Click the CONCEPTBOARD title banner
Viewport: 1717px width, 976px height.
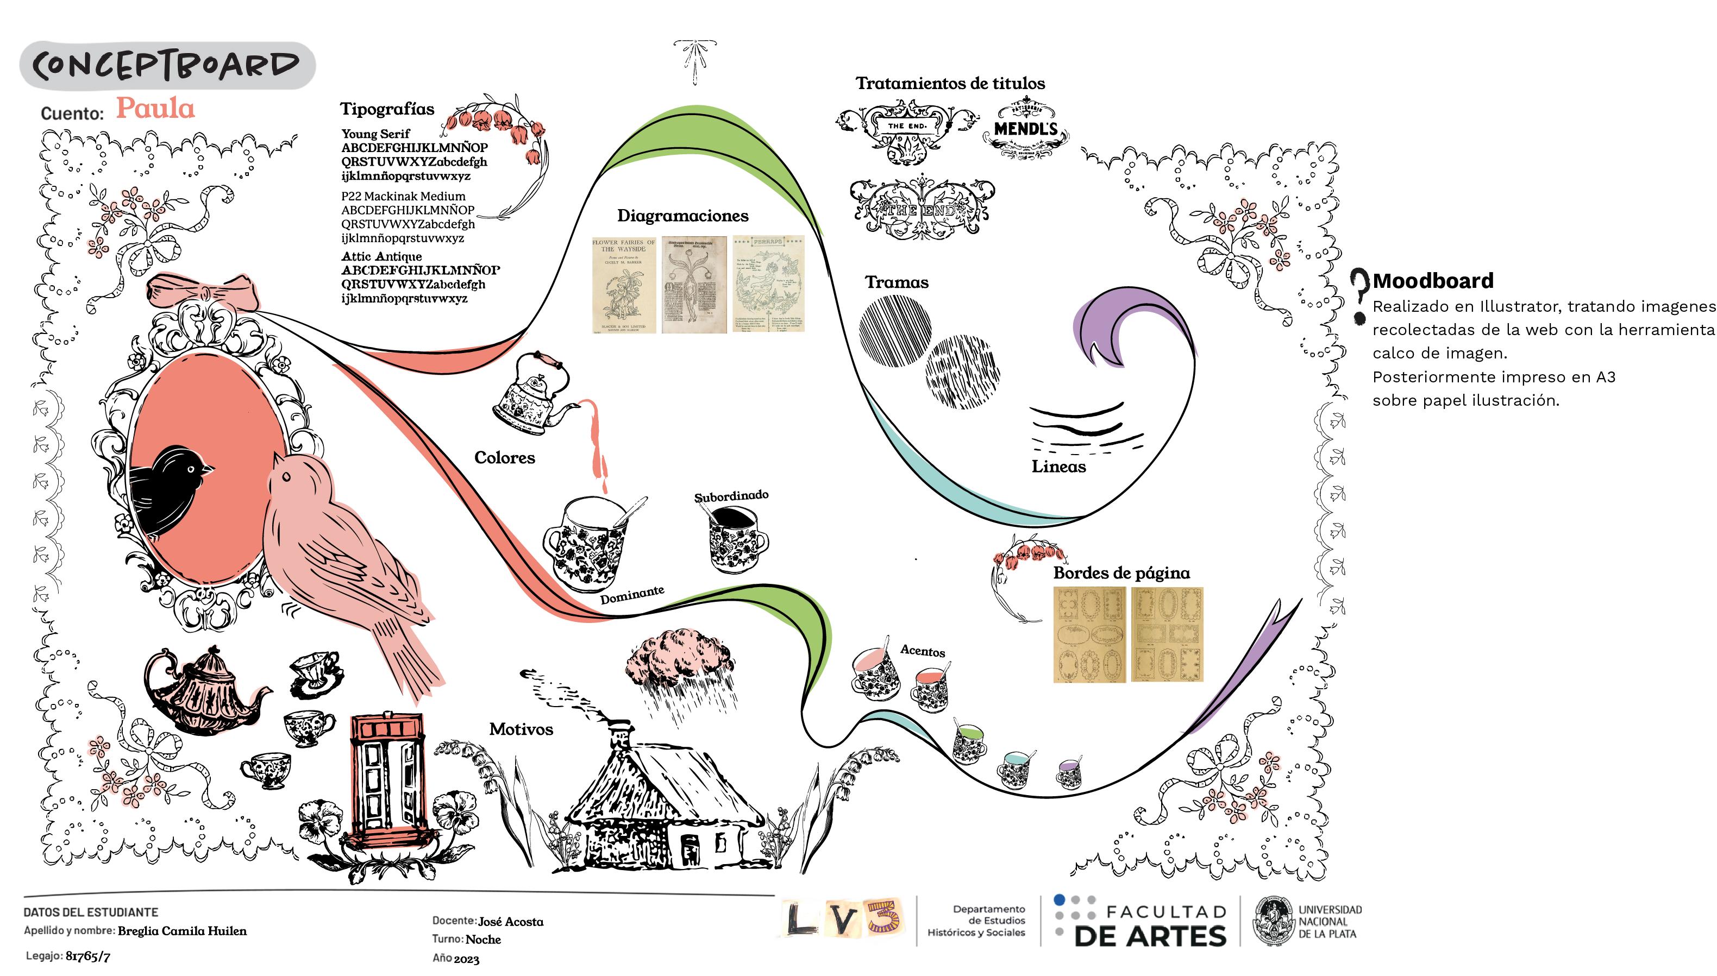167,66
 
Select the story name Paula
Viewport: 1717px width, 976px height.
155,109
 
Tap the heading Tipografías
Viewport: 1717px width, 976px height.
387,109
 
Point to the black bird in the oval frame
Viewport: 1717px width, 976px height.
167,489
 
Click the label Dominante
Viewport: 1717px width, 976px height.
631,595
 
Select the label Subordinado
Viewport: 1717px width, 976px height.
731,496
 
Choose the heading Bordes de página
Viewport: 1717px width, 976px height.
1121,573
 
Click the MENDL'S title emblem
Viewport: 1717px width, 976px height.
1025,129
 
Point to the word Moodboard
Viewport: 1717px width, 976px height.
1433,280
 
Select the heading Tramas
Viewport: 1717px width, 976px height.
897,282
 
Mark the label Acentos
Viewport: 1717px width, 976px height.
923,651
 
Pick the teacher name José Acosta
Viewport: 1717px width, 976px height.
510,922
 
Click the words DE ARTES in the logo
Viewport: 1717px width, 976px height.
1150,936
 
